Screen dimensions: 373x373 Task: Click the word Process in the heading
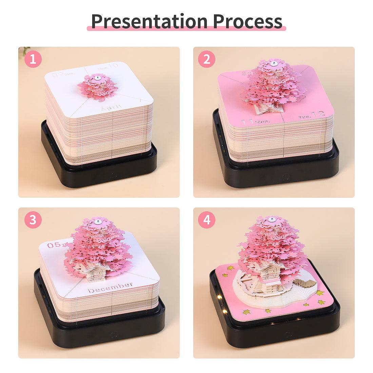pyautogui.click(x=248, y=21)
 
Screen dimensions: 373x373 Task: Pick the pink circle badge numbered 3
pyautogui.click(x=33, y=220)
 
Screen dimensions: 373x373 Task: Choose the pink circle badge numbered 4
pyautogui.click(x=207, y=220)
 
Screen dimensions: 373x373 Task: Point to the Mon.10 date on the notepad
pyautogui.click(x=108, y=68)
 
